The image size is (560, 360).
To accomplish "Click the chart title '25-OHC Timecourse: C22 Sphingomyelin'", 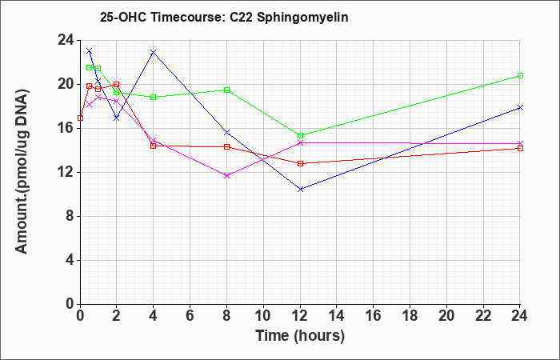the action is pyautogui.click(x=224, y=17).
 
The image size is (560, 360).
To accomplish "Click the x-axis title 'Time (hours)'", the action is pyautogui.click(x=300, y=336).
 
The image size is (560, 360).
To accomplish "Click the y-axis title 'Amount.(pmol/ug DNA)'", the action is pyautogui.click(x=22, y=171).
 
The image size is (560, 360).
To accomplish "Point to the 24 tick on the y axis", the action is pyautogui.click(x=66, y=40).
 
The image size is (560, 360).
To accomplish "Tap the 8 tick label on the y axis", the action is pyautogui.click(x=70, y=217).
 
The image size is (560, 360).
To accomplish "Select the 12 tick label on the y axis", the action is pyautogui.click(x=66, y=173).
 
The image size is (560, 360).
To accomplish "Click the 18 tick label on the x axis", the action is pyautogui.click(x=410, y=315).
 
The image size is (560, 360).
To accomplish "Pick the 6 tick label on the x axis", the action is pyautogui.click(x=190, y=315).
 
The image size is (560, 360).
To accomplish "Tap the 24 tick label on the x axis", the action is pyautogui.click(x=520, y=315).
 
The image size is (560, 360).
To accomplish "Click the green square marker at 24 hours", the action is pyautogui.click(x=520, y=76).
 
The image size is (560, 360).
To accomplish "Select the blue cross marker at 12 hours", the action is pyautogui.click(x=300, y=190).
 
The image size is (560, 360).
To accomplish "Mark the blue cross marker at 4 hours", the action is pyautogui.click(x=154, y=52).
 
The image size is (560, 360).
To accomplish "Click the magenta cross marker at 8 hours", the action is pyautogui.click(x=226, y=175).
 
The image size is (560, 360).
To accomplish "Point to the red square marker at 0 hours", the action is pyautogui.click(x=80, y=118).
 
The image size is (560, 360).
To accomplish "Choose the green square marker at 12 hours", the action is pyautogui.click(x=300, y=135).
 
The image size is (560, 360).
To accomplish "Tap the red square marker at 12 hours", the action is pyautogui.click(x=300, y=163).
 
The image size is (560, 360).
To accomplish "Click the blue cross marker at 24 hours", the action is pyautogui.click(x=520, y=107).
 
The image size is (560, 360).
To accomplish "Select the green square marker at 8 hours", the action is pyautogui.click(x=226, y=90).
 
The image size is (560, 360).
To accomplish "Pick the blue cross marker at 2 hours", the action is pyautogui.click(x=117, y=118).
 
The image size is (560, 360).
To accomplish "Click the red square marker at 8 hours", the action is pyautogui.click(x=226, y=146).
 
